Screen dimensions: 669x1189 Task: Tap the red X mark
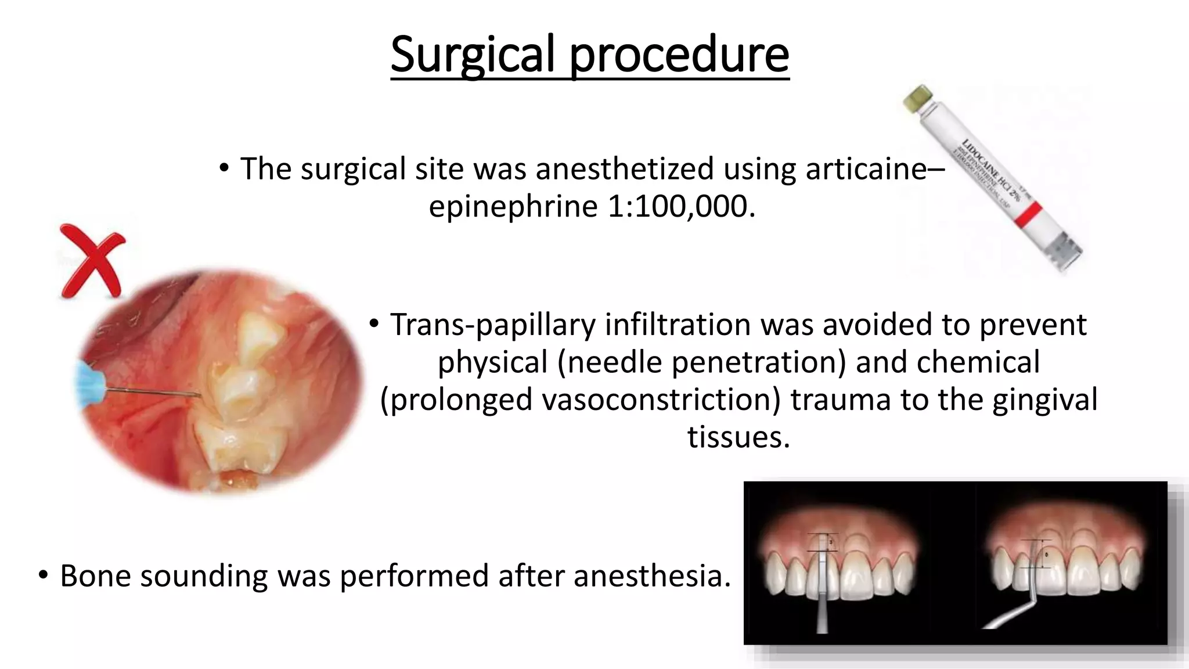tap(91, 261)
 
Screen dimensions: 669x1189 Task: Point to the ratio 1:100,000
tap(682, 206)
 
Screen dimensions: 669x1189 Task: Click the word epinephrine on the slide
tap(513, 206)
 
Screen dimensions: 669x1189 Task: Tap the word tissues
tap(738, 437)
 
